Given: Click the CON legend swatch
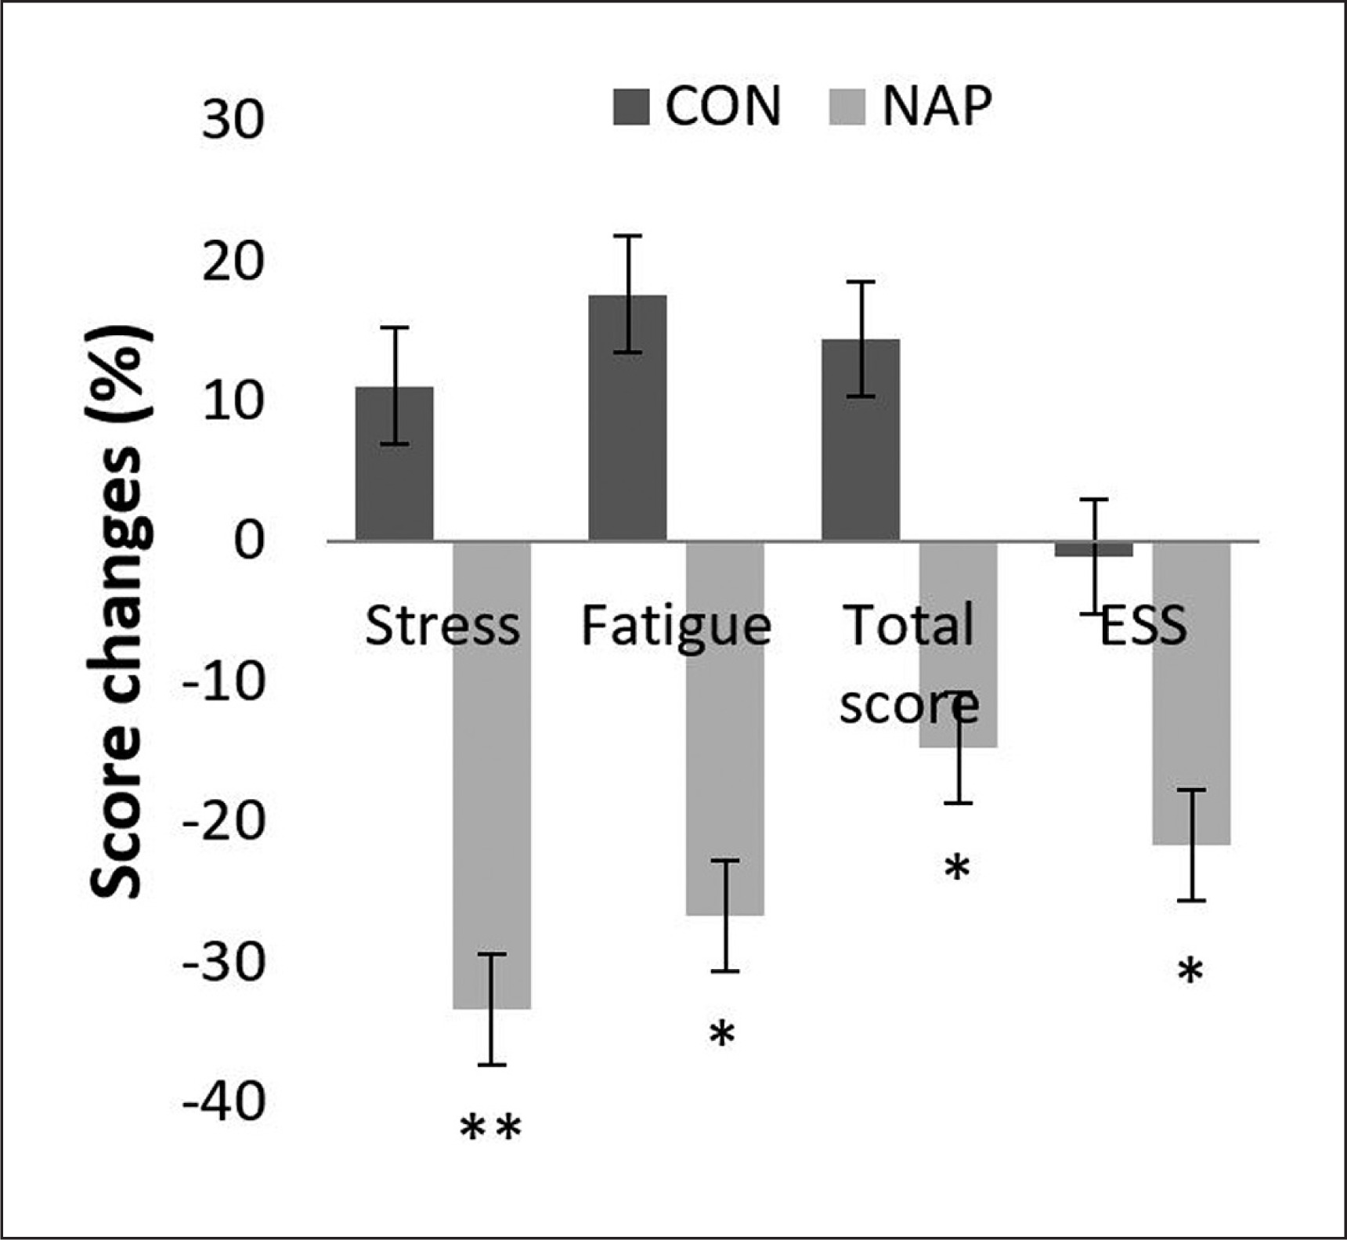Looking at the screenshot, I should [x=631, y=107].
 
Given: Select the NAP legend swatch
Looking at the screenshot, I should [x=847, y=107].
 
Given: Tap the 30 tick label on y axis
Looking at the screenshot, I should [x=233, y=121].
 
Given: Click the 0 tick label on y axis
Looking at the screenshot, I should [x=249, y=541].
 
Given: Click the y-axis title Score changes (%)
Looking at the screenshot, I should [x=119, y=611].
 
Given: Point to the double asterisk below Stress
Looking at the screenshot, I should [x=490, y=1129].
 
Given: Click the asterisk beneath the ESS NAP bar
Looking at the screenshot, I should [x=1190, y=972].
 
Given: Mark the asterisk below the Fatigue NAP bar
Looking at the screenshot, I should [x=722, y=1034].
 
